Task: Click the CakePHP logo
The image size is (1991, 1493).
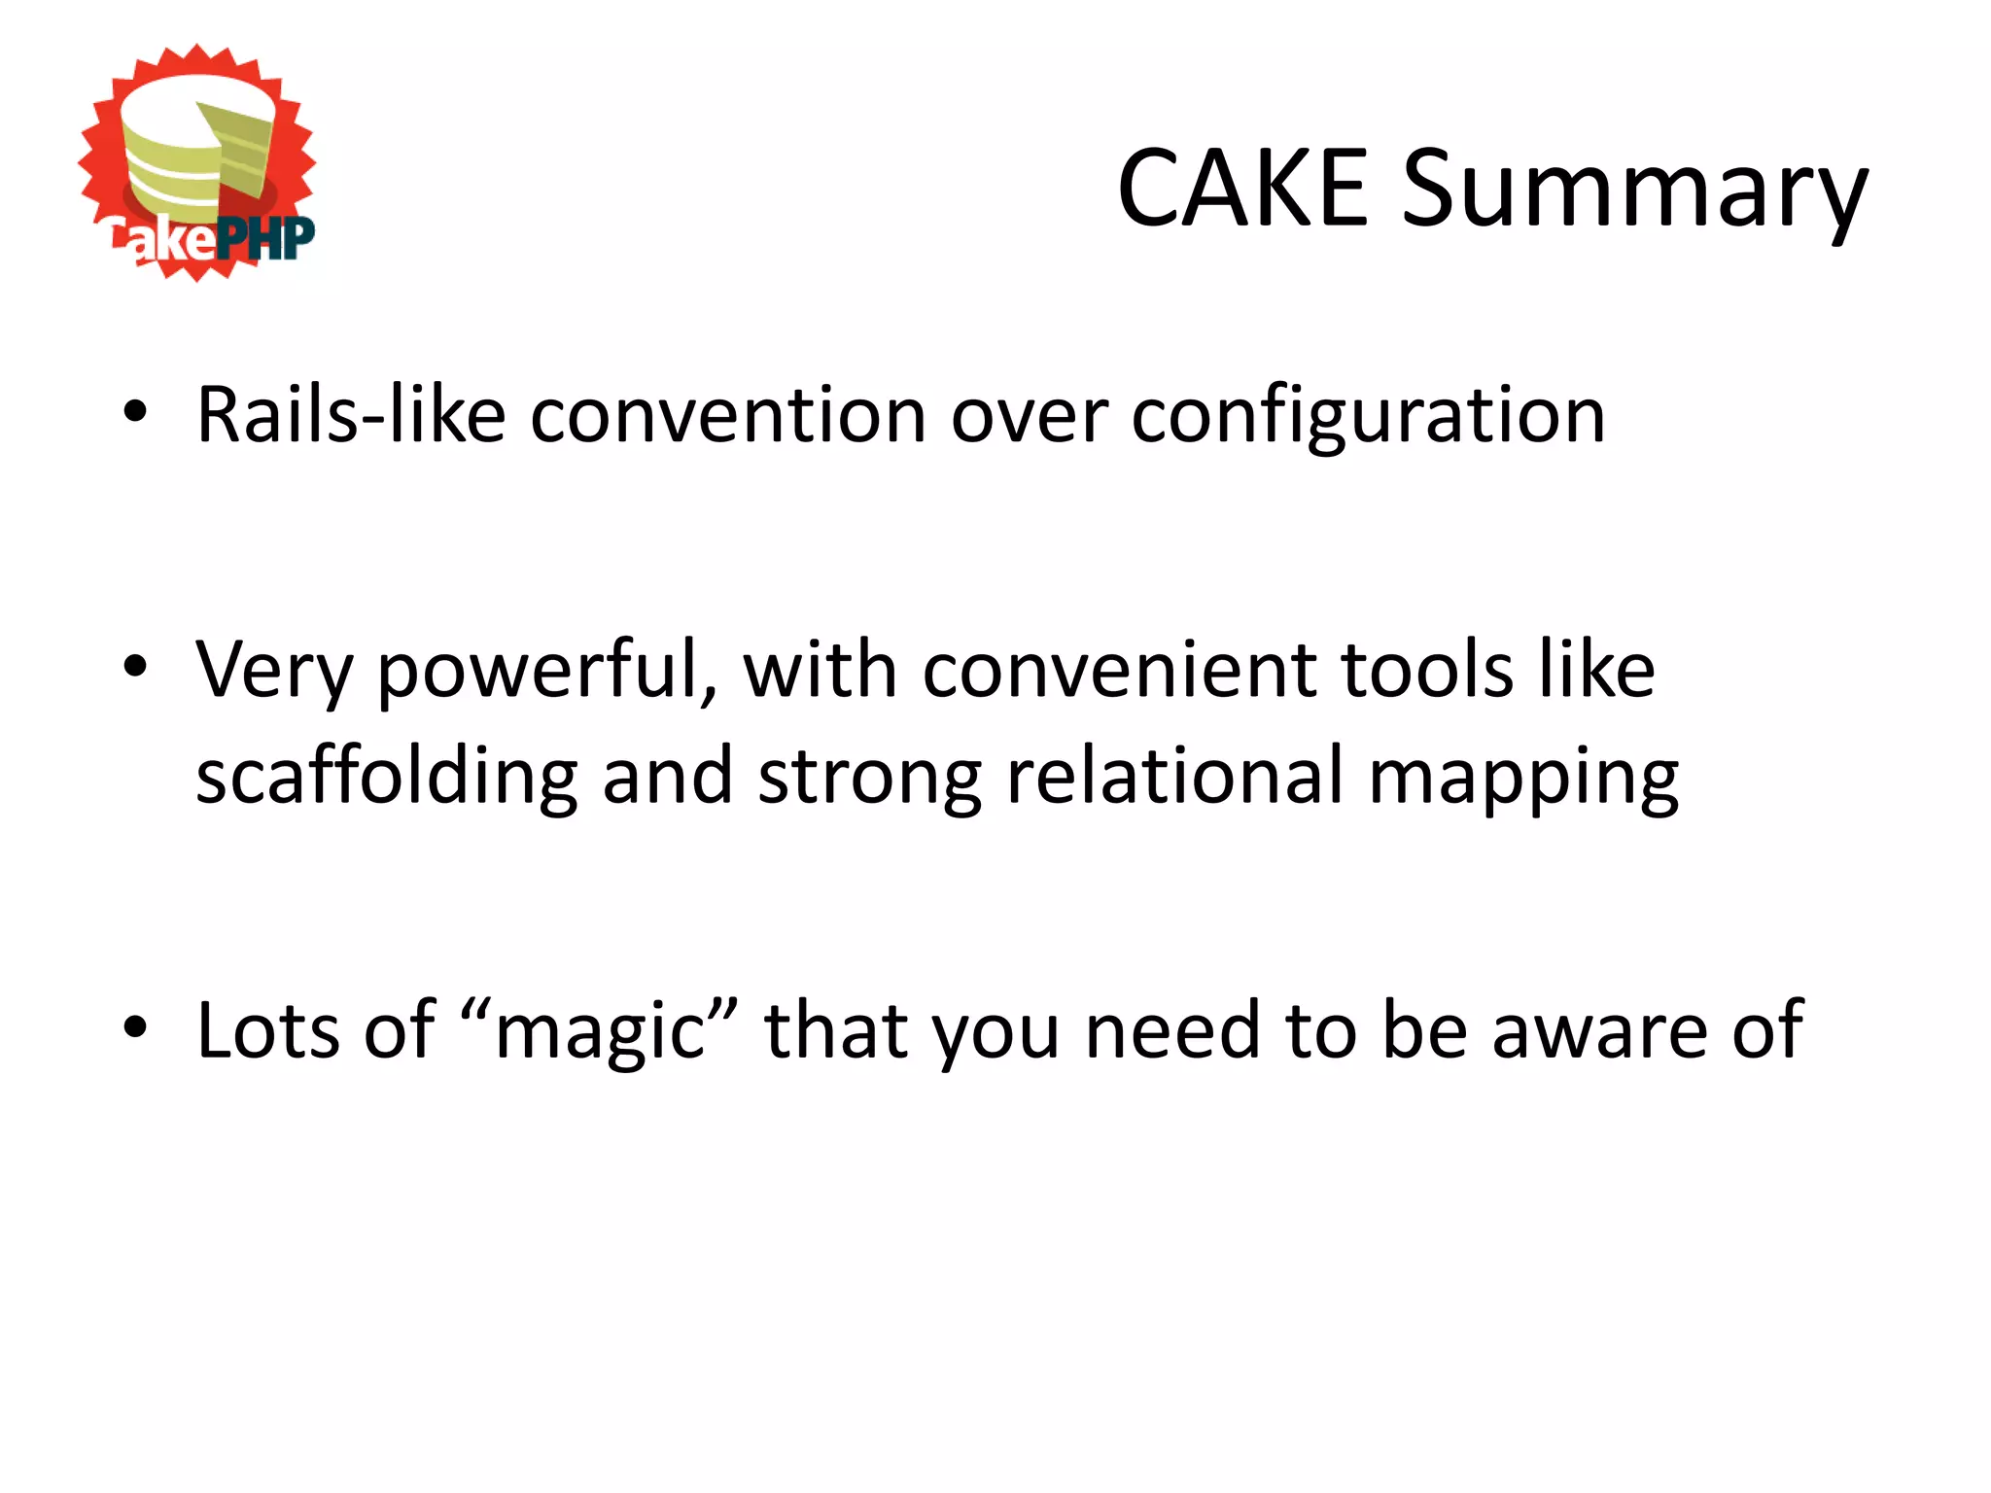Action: [197, 162]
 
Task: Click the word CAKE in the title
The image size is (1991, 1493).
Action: [1243, 190]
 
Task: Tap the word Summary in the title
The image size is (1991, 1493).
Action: [1634, 191]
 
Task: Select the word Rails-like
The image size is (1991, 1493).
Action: [351, 416]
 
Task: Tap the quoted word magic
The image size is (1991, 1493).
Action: [601, 1030]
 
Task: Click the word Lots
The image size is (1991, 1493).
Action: [267, 1030]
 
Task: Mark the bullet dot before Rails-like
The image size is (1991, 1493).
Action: [135, 412]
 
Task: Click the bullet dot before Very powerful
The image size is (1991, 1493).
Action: [135, 667]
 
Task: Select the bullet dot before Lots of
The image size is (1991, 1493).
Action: [135, 1026]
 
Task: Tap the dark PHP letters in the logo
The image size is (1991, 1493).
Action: [265, 239]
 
